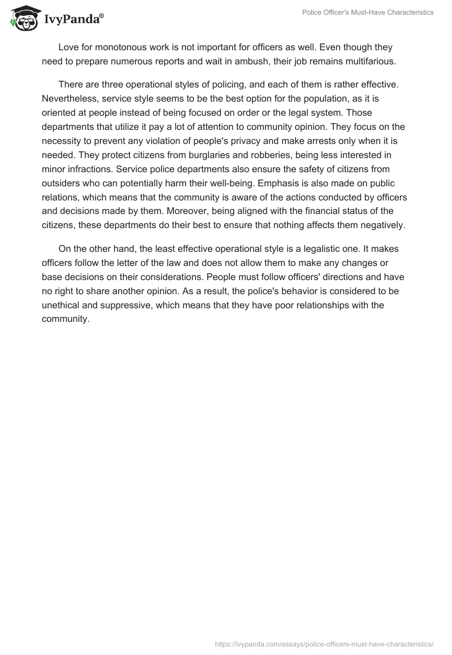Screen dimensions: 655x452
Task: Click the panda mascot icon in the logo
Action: pyautogui.click(x=23, y=18)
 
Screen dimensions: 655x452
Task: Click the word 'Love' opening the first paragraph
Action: pyautogui.click(x=68, y=47)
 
